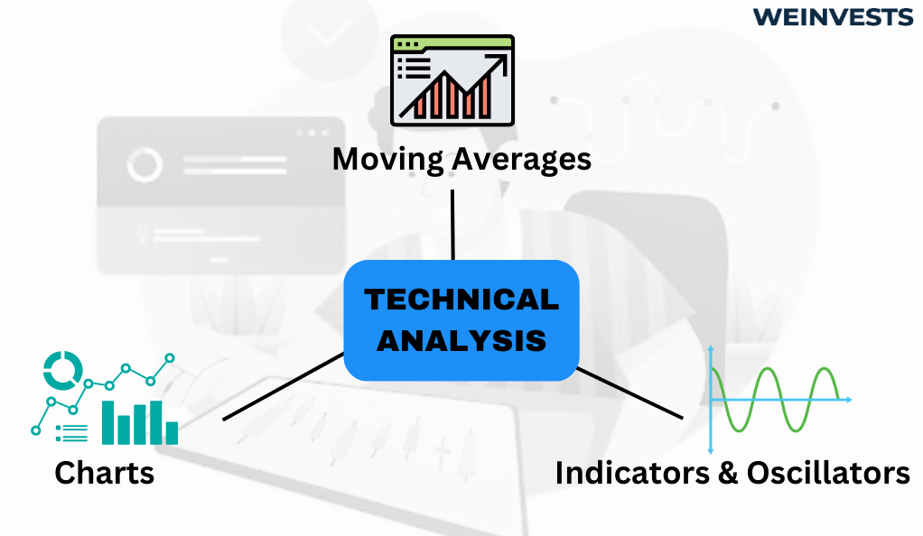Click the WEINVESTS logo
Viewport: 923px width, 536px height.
[833, 17]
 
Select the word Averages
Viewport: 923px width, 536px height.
[521, 160]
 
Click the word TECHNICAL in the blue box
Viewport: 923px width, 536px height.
[461, 300]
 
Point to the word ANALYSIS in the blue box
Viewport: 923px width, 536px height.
[461, 341]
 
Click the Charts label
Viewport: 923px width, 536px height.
[104, 473]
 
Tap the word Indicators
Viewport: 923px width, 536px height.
[632, 473]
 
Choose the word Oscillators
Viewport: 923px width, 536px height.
[828, 473]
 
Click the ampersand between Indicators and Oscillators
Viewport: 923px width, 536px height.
[728, 473]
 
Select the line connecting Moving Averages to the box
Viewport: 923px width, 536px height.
[452, 224]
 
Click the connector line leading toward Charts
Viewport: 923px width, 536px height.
[284, 386]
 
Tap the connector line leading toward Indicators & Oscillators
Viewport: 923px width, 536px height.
[629, 393]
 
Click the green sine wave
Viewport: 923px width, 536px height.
[775, 400]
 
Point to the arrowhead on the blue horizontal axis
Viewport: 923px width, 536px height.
[849, 400]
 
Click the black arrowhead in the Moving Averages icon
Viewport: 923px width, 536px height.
[499, 61]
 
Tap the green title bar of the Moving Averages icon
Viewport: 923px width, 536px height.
[452, 43]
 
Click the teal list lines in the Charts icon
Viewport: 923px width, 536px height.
[72, 434]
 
